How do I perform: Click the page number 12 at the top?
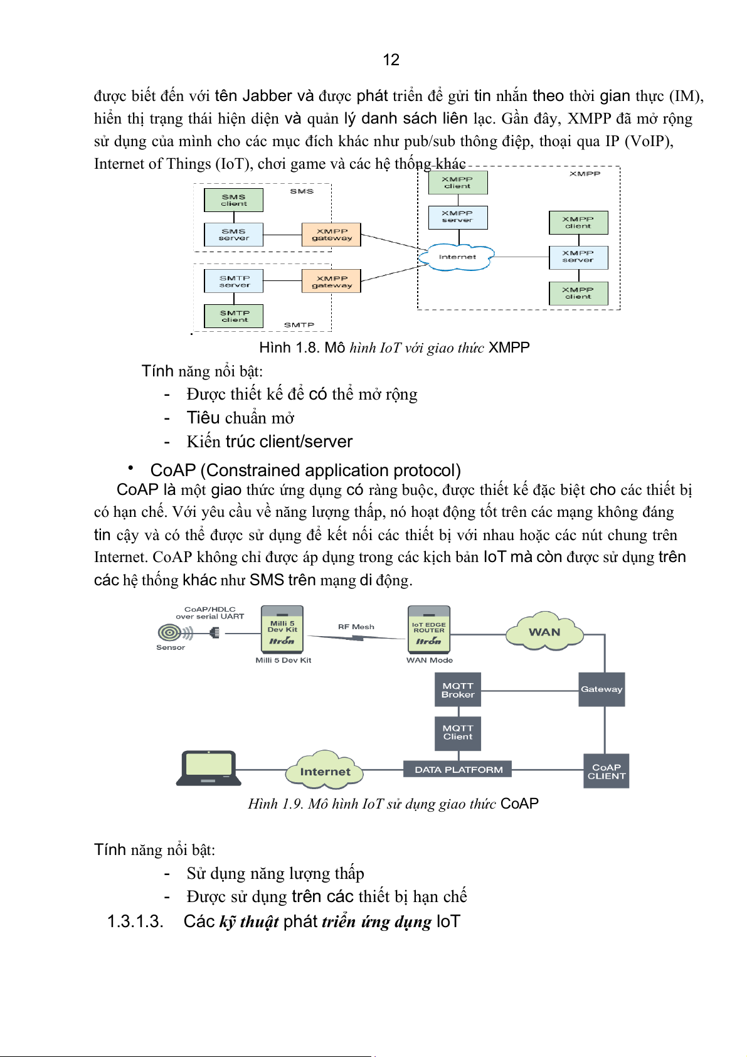[x=391, y=60]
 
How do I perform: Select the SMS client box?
[x=233, y=200]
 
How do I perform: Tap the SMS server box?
[x=233, y=235]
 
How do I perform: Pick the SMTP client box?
[x=234, y=316]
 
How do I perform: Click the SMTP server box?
[x=234, y=281]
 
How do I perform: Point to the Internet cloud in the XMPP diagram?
[x=458, y=257]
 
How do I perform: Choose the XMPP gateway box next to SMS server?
[x=332, y=235]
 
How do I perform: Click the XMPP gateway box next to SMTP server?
[x=332, y=282]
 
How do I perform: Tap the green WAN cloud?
[x=544, y=631]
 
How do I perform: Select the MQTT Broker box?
[x=458, y=690]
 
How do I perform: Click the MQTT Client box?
[x=458, y=733]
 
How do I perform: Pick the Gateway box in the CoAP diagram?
[x=601, y=689]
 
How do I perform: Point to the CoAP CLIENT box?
[x=606, y=771]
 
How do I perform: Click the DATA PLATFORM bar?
[x=458, y=769]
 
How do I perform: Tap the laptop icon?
[x=208, y=768]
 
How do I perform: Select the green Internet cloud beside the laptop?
[x=325, y=770]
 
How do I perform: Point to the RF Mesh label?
[x=356, y=627]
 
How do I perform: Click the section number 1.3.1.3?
[x=135, y=922]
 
